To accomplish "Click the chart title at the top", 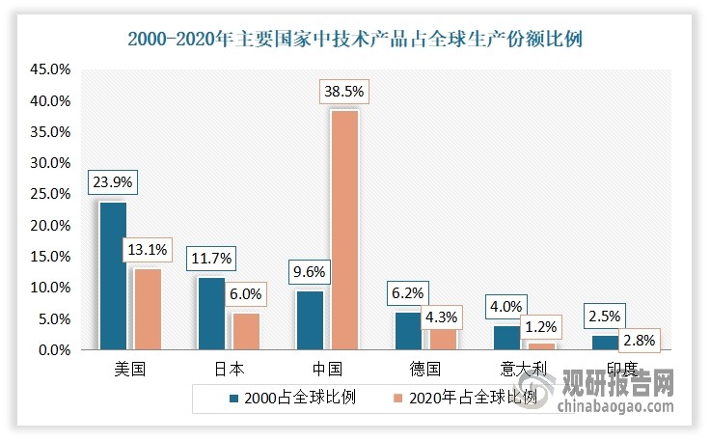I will point(355,40).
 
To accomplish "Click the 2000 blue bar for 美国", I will point(112,276).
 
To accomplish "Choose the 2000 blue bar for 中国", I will point(310,320).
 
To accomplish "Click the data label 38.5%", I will point(344,94).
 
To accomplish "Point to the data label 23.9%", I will point(112,181).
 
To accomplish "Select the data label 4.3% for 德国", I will point(443,315).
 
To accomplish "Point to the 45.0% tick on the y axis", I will point(49,70).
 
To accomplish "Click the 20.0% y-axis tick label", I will point(49,226).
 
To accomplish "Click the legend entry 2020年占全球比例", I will point(471,398).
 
